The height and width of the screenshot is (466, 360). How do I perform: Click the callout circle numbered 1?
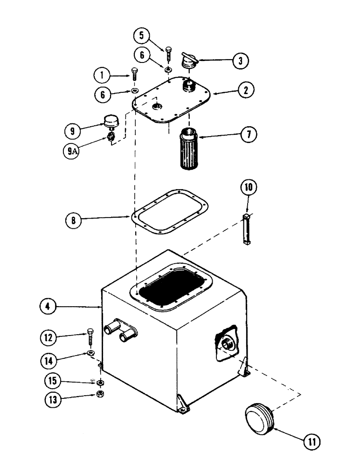pyautogui.click(x=101, y=74)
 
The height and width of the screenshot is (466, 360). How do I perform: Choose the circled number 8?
pyautogui.click(x=73, y=220)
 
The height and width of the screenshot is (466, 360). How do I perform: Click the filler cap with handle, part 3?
pyautogui.click(x=189, y=61)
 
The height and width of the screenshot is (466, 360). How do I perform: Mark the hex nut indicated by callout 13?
pyautogui.click(x=100, y=394)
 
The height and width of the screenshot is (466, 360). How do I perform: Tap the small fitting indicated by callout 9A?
pyautogui.click(x=111, y=137)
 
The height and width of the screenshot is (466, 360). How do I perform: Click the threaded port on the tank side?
pyautogui.click(x=226, y=345)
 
